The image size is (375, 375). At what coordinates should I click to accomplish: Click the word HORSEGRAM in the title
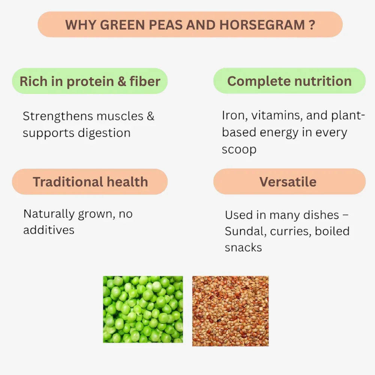[262, 25]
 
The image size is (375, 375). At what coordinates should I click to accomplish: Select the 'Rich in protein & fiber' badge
[90, 81]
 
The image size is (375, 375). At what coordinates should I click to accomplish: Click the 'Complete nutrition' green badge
[289, 81]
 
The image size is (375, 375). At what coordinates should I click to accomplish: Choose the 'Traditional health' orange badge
[90, 182]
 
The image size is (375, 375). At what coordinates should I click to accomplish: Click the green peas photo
[143, 309]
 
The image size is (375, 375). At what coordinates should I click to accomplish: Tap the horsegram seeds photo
[230, 311]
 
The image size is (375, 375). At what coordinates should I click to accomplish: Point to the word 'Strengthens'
[58, 116]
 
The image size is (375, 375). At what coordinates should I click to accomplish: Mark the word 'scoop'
[239, 150]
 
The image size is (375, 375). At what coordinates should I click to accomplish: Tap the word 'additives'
[49, 230]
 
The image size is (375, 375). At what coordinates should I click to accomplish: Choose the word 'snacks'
[243, 247]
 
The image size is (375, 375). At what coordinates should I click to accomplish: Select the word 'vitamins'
[276, 115]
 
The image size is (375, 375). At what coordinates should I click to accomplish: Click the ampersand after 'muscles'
[150, 116]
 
